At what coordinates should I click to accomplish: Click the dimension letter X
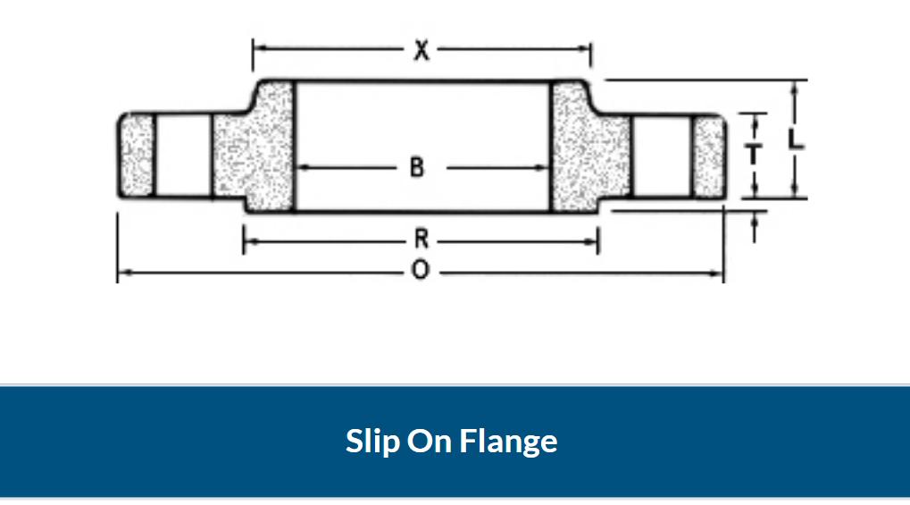coord(421,51)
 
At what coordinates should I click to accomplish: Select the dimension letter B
coord(417,166)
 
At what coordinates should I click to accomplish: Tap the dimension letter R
coord(421,240)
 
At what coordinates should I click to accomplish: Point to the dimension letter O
coord(420,271)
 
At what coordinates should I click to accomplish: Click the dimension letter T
coord(755,155)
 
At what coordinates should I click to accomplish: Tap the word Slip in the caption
coord(373,441)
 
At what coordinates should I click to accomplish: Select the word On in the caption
coord(433,441)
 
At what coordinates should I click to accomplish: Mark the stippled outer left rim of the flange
coord(138,156)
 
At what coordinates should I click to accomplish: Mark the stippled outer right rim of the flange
coord(711,156)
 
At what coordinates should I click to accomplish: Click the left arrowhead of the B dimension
coord(300,167)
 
